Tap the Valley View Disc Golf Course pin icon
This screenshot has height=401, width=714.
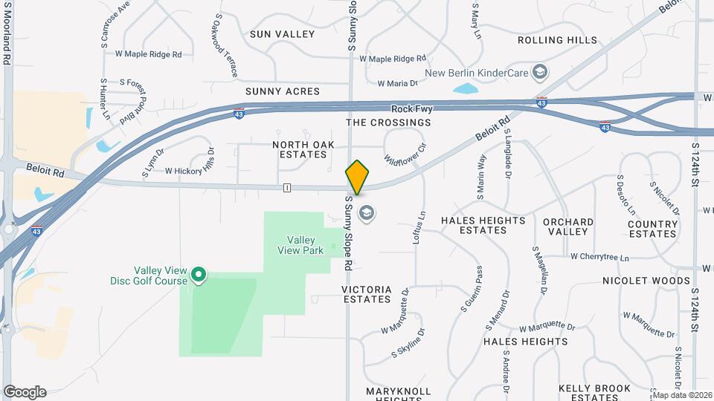point(199,276)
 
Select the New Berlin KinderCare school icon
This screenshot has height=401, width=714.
point(541,73)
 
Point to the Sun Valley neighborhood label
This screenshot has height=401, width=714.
point(282,34)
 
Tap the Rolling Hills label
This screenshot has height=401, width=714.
point(557,40)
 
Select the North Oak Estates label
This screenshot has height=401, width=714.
point(300,149)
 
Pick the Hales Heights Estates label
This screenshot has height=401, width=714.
point(483,225)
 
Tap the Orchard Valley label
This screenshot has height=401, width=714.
point(568,226)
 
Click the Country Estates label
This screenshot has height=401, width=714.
point(652,229)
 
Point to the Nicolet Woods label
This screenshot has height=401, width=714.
point(646,281)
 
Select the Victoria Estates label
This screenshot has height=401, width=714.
point(366,293)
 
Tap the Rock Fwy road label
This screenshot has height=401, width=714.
point(411,109)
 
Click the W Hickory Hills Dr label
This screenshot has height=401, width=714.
point(189,170)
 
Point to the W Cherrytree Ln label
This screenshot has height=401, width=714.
point(599,257)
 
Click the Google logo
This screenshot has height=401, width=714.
point(25,391)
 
